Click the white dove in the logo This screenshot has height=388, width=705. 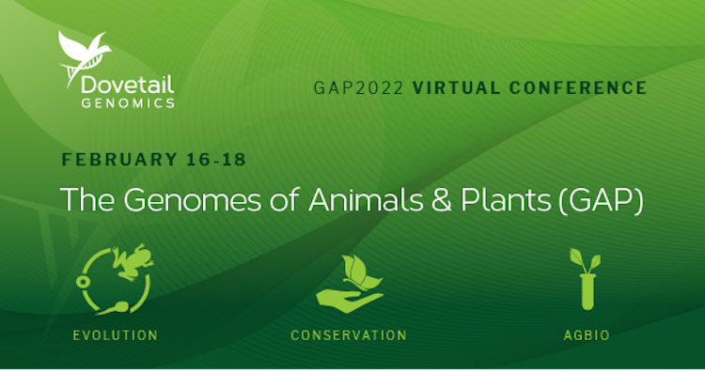point(83,52)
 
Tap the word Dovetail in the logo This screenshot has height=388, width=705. point(128,85)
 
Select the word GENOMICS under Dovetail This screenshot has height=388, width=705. point(128,103)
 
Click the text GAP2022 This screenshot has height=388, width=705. point(358,87)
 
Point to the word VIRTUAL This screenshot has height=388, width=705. point(456,87)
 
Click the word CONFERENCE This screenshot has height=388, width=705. point(578,87)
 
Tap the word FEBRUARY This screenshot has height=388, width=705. point(119,160)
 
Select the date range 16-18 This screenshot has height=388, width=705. point(216,160)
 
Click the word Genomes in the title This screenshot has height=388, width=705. point(193,199)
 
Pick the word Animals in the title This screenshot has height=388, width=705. point(366,199)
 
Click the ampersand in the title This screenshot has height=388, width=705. point(442,200)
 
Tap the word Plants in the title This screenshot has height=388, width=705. point(506,199)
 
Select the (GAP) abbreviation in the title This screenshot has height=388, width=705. point(602,200)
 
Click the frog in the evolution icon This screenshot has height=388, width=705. point(132,262)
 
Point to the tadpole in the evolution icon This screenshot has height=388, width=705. point(114,308)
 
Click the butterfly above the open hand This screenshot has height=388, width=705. point(361,272)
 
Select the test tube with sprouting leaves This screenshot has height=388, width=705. point(587,279)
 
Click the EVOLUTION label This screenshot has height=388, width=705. point(116,335)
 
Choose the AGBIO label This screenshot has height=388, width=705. point(587,335)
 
